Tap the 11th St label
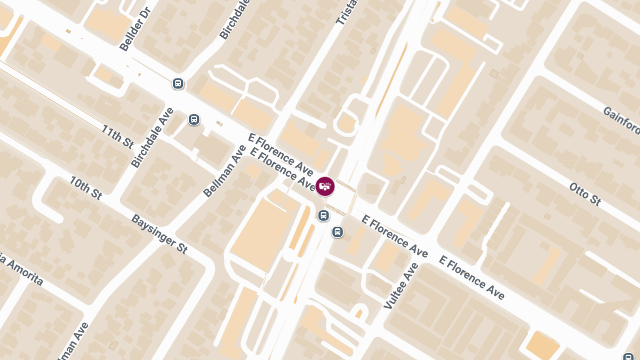click(x=117, y=137)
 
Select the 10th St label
click(x=85, y=187)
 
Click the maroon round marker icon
click(x=325, y=186)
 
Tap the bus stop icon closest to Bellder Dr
click(x=178, y=84)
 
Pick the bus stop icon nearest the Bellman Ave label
click(x=194, y=119)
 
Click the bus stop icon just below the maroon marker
click(x=323, y=215)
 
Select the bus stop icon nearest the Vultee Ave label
click(x=338, y=232)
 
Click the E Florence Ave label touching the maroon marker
click(x=284, y=170)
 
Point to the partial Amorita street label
click(x=21, y=270)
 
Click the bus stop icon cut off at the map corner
click(x=628, y=356)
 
